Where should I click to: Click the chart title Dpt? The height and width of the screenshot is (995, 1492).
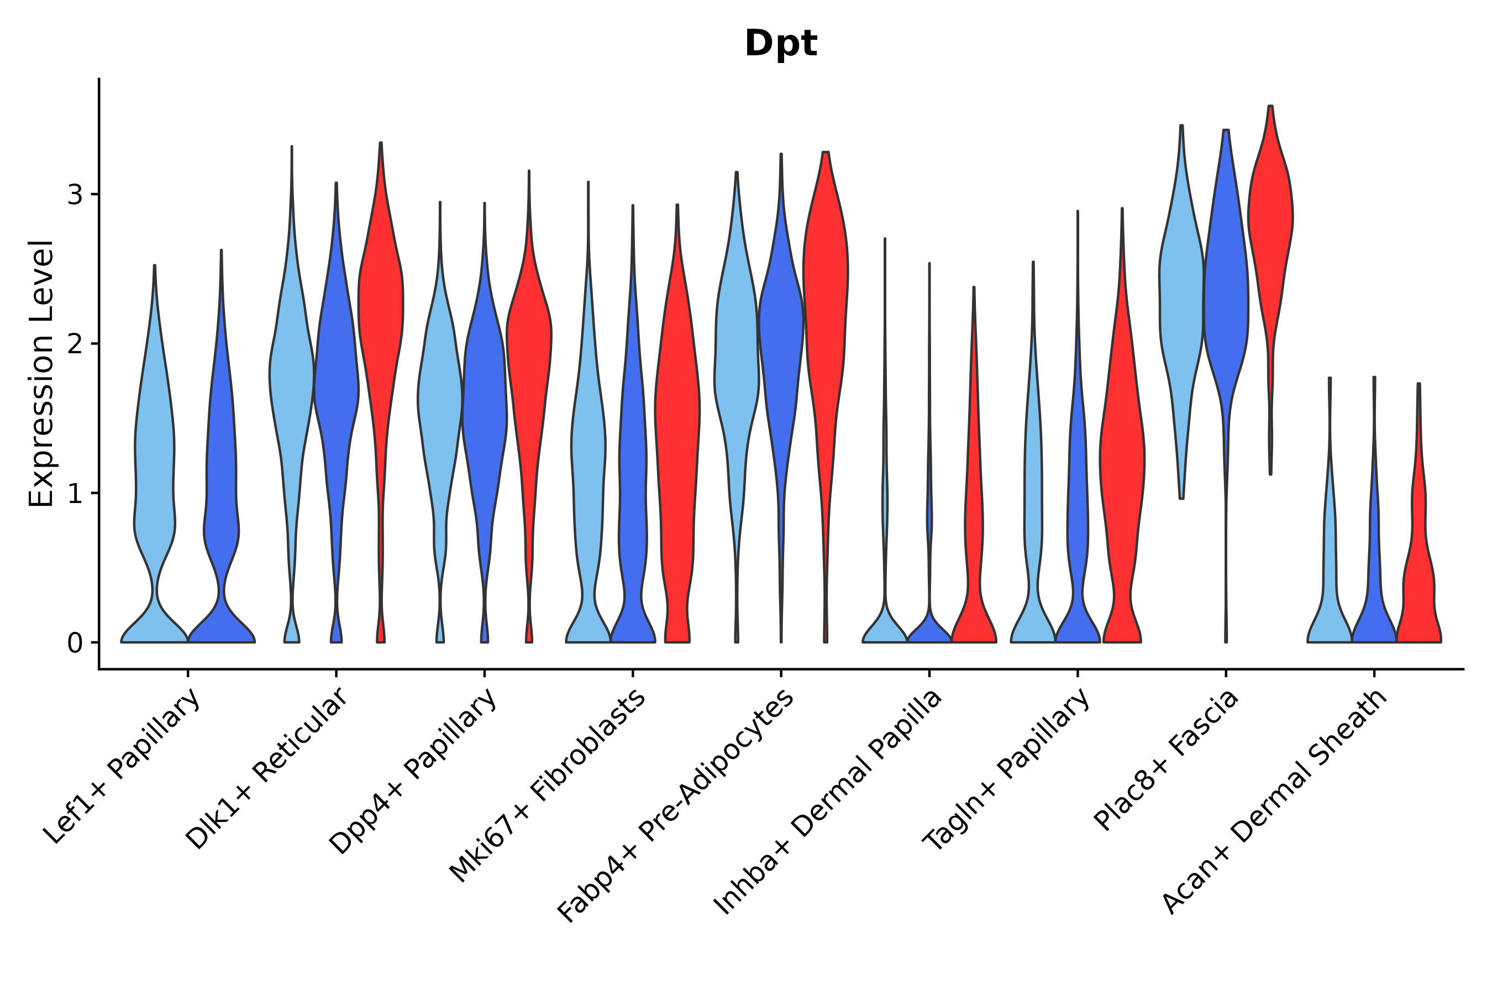[780, 44]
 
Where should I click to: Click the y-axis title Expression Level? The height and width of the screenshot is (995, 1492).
[42, 374]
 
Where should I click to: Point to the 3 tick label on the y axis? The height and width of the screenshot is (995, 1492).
[75, 195]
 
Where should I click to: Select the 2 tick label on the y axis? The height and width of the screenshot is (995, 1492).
[75, 344]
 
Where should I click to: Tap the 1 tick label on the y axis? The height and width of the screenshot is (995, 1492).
[75, 494]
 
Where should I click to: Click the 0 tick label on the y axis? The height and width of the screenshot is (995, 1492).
[75, 643]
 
